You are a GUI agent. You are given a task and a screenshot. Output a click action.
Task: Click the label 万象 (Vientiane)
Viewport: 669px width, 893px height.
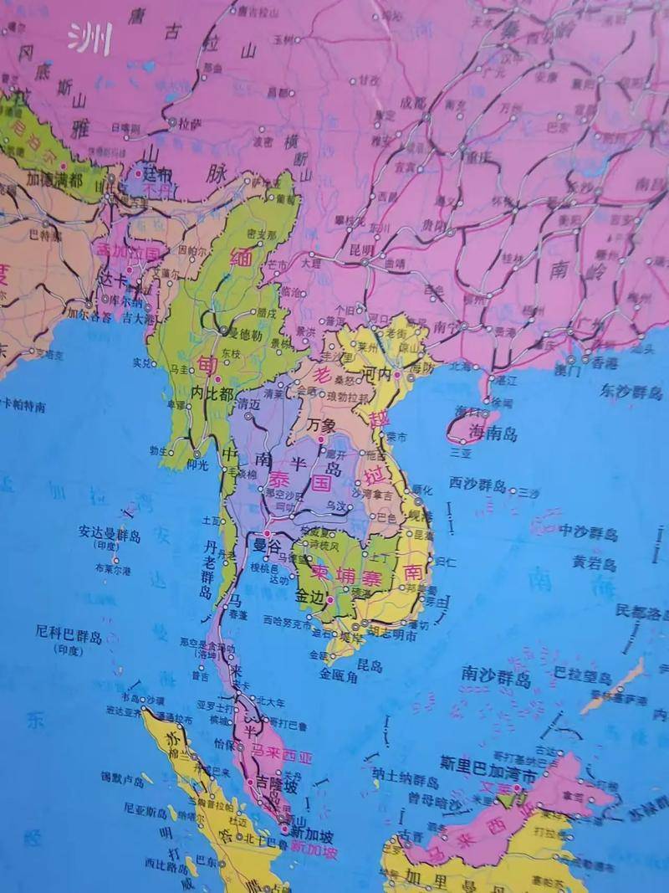(322, 426)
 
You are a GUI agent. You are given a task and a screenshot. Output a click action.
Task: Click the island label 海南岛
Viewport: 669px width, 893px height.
(493, 434)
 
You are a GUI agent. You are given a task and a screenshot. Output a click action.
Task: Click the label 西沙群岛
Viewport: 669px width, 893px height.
(477, 485)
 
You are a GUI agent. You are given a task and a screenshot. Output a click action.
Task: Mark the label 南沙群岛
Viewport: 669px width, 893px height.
(496, 676)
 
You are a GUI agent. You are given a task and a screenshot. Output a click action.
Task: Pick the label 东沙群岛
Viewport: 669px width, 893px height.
(632, 391)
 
